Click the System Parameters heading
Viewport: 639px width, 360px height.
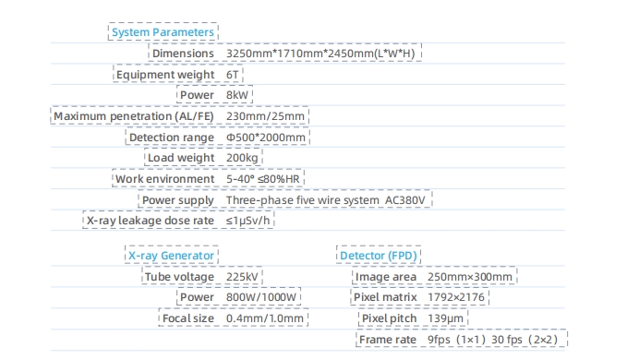pyautogui.click(x=163, y=32)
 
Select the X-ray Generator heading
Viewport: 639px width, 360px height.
pyautogui.click(x=171, y=256)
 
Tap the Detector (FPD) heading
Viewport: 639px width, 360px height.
pyautogui.click(x=379, y=256)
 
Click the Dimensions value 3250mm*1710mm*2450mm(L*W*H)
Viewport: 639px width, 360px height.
pyautogui.click(x=320, y=54)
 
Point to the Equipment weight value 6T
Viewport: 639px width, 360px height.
pyautogui.click(x=233, y=75)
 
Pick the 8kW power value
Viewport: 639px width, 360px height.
pyautogui.click(x=237, y=95)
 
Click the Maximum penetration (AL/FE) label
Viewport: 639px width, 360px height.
pyautogui.click(x=134, y=116)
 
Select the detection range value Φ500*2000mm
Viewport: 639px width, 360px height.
pyautogui.click(x=266, y=138)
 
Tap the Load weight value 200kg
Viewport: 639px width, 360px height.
pyautogui.click(x=242, y=158)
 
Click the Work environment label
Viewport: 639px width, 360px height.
pyautogui.click(x=164, y=179)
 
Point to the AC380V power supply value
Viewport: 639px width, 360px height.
pyautogui.click(x=405, y=200)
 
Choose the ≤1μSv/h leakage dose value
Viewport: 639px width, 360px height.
pyautogui.click(x=247, y=221)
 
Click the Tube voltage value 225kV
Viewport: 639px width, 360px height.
pyautogui.click(x=242, y=277)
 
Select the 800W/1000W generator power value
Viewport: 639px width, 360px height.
pyautogui.click(x=261, y=297)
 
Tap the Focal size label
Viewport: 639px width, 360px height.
pyautogui.click(x=187, y=318)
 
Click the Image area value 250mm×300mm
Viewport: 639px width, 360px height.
pyautogui.click(x=470, y=277)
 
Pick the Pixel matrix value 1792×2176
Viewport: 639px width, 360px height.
pyautogui.click(x=456, y=297)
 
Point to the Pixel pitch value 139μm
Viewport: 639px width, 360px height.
pyautogui.click(x=445, y=318)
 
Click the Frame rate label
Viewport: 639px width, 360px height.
pyautogui.click(x=388, y=340)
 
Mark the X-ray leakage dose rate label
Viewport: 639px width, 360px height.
pyautogui.click(x=151, y=221)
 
